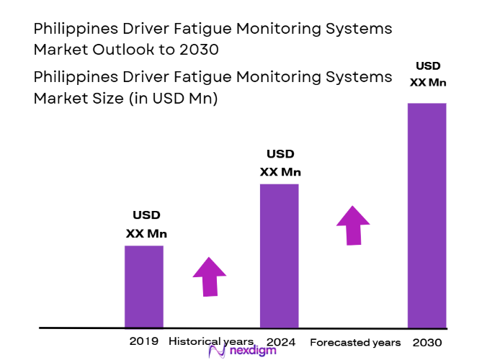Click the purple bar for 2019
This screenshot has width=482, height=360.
(x=144, y=287)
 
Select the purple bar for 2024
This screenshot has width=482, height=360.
(x=279, y=256)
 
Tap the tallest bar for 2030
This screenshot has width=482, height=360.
(x=427, y=215)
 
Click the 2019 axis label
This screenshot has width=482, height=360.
(x=144, y=341)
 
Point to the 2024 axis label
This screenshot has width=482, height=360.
(x=280, y=341)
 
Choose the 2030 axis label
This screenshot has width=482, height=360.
(x=428, y=343)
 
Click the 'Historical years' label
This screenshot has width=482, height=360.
(x=211, y=341)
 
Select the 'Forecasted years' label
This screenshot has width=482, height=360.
(x=355, y=343)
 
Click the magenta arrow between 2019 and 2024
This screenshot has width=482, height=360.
(x=210, y=276)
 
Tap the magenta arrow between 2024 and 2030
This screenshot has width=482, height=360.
(x=353, y=225)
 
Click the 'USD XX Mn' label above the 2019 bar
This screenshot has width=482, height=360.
(x=146, y=224)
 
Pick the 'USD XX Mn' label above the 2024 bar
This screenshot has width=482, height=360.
(x=280, y=163)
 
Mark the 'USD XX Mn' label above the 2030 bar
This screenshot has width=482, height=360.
(x=428, y=73)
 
